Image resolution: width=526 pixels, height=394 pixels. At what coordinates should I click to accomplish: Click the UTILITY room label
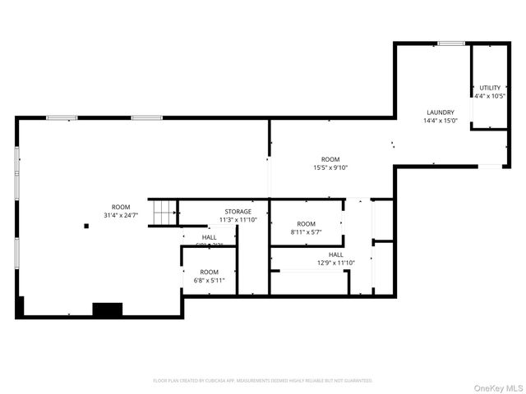pyautogui.click(x=490, y=87)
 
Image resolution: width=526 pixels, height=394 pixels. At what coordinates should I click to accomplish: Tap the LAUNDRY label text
pyautogui.click(x=440, y=112)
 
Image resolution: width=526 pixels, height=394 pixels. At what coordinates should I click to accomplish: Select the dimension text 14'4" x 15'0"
pyautogui.click(x=440, y=121)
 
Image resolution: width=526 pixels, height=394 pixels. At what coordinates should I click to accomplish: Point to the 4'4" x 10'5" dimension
pyautogui.click(x=490, y=95)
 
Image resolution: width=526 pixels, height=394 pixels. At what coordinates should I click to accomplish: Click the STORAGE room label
pyautogui.click(x=238, y=212)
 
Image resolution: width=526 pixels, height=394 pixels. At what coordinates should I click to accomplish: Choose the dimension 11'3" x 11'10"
pyautogui.click(x=238, y=220)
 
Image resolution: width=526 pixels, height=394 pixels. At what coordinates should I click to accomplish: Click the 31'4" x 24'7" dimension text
pyautogui.click(x=121, y=215)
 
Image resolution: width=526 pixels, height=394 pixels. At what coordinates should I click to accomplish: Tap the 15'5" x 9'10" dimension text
pyautogui.click(x=330, y=167)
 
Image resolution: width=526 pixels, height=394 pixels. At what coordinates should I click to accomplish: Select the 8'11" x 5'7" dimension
pyautogui.click(x=306, y=232)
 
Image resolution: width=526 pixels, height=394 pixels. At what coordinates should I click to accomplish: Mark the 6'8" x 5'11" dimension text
pyautogui.click(x=209, y=281)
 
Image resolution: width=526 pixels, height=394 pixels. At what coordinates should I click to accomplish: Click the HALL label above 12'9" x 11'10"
pyautogui.click(x=335, y=254)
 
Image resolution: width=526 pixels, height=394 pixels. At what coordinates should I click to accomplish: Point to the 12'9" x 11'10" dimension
pyautogui.click(x=335, y=263)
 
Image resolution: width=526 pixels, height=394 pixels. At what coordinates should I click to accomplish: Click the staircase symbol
pyautogui.click(x=164, y=212)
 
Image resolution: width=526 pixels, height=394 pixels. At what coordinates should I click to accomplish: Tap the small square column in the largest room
pyautogui.click(x=85, y=226)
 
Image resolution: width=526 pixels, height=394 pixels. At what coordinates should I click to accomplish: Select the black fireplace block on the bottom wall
pyautogui.click(x=107, y=309)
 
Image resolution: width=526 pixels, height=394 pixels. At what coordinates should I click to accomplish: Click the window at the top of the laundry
pyautogui.click(x=450, y=43)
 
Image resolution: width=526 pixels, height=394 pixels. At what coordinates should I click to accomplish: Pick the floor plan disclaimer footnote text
pyautogui.click(x=263, y=381)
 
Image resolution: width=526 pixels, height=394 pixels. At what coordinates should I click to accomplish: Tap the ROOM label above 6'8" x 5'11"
pyautogui.click(x=209, y=272)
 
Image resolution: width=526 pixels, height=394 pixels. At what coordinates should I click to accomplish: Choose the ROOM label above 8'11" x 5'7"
pyautogui.click(x=306, y=224)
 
